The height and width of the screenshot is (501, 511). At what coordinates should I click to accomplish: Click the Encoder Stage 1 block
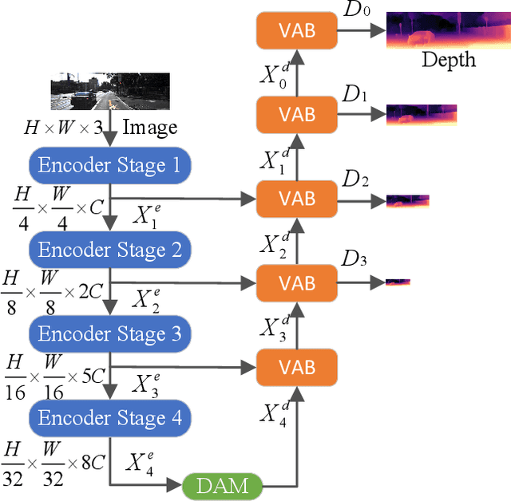110,166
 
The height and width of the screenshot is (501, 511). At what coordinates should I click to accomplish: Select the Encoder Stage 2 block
110,250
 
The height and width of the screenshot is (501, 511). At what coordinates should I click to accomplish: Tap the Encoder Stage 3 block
110,333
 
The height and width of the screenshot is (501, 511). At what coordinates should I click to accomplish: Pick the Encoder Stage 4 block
110,417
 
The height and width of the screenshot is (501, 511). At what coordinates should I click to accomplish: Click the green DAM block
223,483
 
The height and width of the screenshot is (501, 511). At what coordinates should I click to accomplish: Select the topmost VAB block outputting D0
296,31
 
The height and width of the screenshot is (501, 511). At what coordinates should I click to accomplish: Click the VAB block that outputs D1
296,115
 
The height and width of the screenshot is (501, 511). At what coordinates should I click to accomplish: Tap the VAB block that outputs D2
296,199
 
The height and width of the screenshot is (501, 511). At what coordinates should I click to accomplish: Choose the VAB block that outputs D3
296,282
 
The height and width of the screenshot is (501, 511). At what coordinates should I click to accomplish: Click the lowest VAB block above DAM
296,366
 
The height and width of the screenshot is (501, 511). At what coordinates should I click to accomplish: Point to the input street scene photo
110,91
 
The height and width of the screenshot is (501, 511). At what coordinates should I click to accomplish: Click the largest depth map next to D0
442,30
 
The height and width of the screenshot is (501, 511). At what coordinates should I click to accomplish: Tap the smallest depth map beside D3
398,282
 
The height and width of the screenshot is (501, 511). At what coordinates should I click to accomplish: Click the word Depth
448,60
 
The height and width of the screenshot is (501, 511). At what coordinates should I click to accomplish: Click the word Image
151,128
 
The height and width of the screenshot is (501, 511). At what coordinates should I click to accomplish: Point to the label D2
355,181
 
